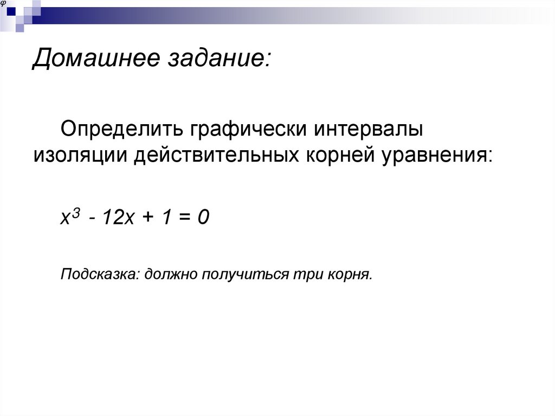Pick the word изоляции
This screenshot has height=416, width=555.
78,156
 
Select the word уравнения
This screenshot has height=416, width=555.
436,156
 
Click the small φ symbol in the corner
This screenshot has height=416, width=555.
4,3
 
